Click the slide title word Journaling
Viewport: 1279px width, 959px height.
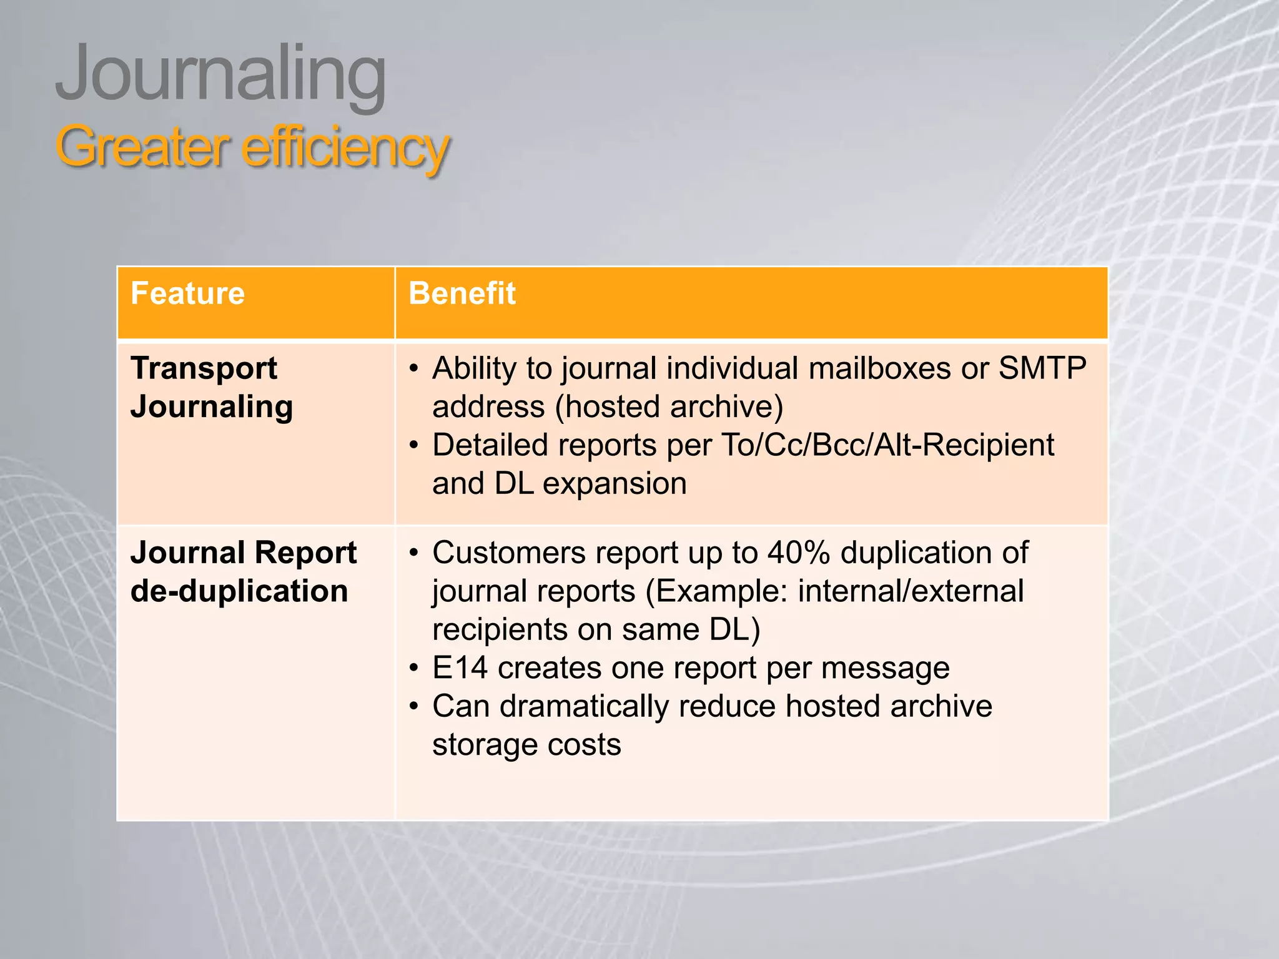pos(220,75)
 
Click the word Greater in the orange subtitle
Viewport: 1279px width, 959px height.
pos(140,147)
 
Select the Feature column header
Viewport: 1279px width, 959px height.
pos(187,293)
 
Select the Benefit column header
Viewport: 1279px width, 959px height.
pos(462,293)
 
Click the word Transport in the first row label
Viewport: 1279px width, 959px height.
pos(204,368)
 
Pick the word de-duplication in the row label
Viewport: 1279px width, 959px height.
pos(239,591)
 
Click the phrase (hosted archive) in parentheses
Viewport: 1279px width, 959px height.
pos(669,406)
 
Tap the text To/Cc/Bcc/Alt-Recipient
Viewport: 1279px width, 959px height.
pos(887,445)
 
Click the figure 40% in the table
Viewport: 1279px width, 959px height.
pos(798,553)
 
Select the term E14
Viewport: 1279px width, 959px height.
pos(460,667)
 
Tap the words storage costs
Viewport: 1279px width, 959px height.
pos(526,745)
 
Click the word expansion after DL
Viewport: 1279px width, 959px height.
pos(615,484)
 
